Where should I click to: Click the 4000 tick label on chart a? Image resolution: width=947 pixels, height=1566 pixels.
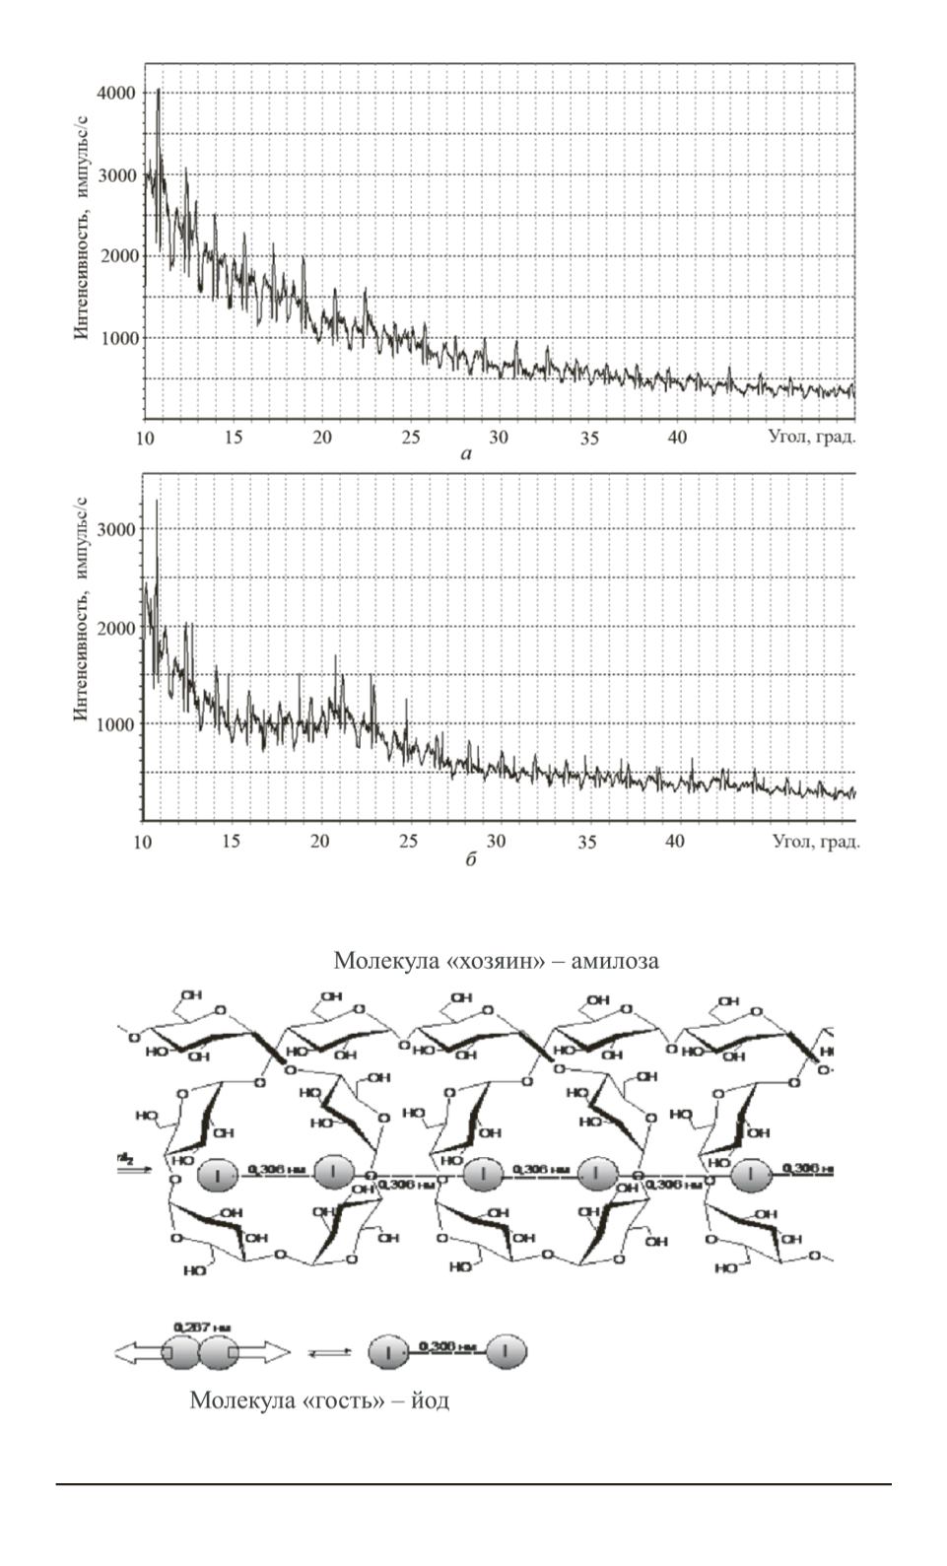click(115, 93)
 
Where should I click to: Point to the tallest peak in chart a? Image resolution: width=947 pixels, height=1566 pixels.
click(158, 92)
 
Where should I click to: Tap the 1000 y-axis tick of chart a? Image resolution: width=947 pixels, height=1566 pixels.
click(115, 338)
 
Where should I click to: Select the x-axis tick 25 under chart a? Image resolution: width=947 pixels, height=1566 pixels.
click(410, 438)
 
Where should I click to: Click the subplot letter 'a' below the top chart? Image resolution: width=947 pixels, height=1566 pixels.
click(466, 453)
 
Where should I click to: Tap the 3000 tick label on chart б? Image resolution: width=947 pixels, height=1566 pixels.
click(115, 529)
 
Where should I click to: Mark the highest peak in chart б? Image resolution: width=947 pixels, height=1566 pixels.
click(156, 503)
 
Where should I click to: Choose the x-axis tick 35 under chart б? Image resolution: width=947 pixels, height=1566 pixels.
click(586, 843)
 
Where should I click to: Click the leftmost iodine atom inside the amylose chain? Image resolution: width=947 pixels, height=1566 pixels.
click(216, 1174)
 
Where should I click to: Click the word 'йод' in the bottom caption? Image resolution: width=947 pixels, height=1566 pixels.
click(431, 1399)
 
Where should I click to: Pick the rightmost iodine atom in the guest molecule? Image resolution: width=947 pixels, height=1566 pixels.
click(506, 1353)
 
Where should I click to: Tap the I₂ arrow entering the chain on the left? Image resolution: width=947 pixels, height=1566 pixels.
click(130, 1166)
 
